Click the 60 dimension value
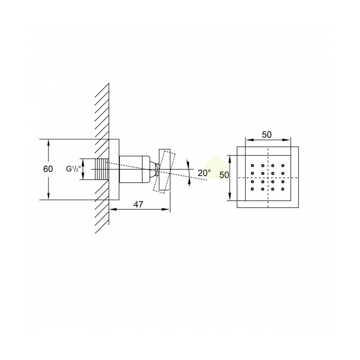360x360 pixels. click(x=48, y=169)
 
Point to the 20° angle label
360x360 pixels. click(x=204, y=172)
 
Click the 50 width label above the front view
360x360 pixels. click(x=266, y=135)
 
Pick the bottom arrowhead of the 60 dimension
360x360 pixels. click(x=48, y=196)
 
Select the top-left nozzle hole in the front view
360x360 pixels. click(x=252, y=165)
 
